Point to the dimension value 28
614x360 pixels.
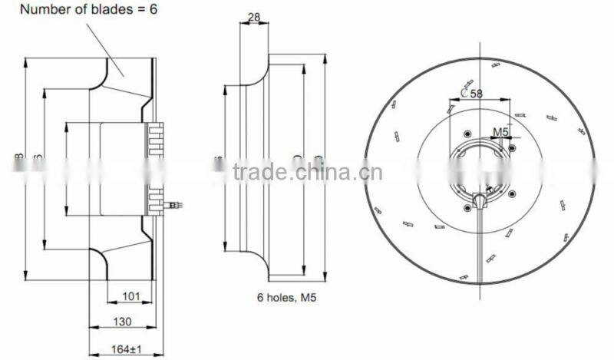pos(255,16)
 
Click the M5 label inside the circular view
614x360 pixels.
pos(500,131)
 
